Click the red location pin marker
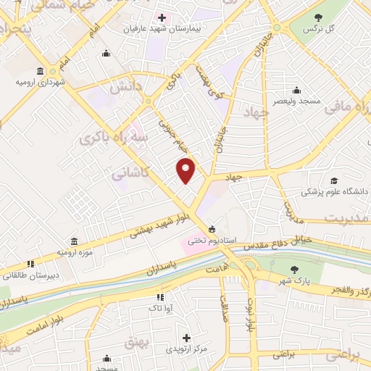click(186, 170)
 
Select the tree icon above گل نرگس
click(317, 17)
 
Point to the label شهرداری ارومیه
click(41, 83)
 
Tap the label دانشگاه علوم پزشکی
click(333, 193)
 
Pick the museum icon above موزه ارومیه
click(75, 241)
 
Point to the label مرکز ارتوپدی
click(186, 349)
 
